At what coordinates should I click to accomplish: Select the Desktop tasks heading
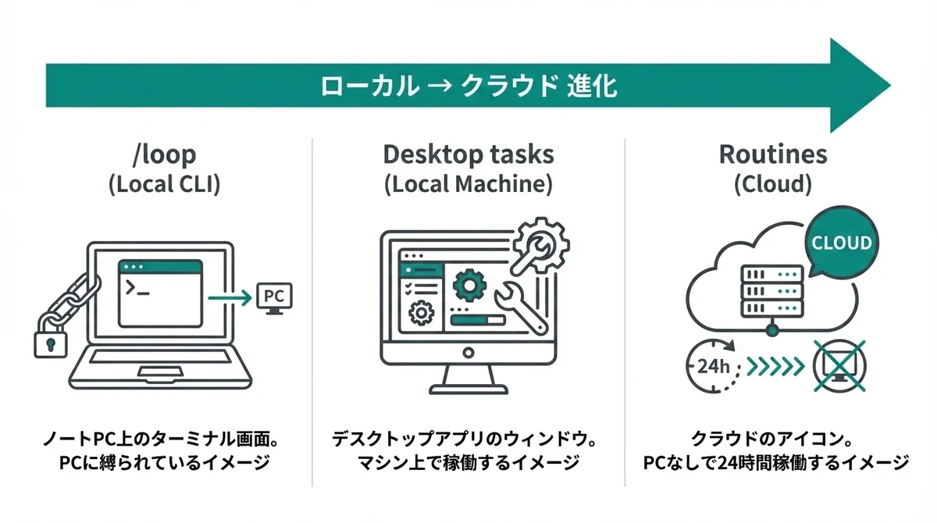pos(468,155)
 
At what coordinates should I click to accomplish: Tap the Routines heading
pos(772,155)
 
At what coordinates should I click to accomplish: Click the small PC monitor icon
pos(274,299)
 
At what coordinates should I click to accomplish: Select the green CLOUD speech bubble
pos(841,242)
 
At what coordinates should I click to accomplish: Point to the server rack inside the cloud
pos(771,290)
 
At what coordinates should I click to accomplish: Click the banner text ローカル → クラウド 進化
pos(469,85)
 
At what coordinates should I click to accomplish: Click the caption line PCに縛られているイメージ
pos(164,463)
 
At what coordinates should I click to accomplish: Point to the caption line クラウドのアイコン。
pos(772,439)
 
